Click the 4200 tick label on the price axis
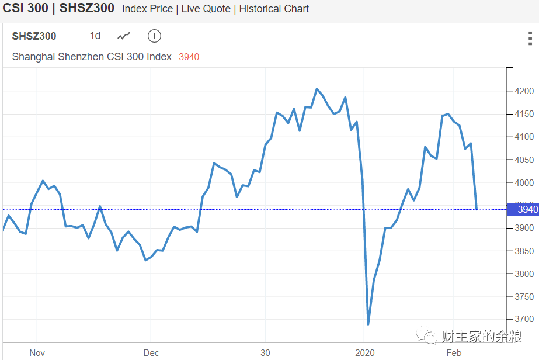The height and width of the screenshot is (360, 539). click(x=524, y=91)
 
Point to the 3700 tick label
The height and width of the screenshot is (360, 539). click(x=524, y=319)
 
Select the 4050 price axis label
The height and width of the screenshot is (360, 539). click(x=524, y=160)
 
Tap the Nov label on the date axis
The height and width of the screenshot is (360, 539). click(x=37, y=352)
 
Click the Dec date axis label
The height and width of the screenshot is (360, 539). click(x=151, y=352)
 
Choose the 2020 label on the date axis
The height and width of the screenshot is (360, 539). click(x=364, y=352)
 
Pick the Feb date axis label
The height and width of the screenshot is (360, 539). click(x=454, y=352)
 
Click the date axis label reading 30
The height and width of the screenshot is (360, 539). click(x=265, y=352)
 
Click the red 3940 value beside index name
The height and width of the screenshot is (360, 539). click(x=189, y=57)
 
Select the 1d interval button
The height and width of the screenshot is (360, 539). click(x=95, y=36)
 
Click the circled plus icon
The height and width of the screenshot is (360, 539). click(x=154, y=36)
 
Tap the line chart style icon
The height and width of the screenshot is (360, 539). click(x=124, y=36)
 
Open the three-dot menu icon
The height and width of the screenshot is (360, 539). click(x=530, y=39)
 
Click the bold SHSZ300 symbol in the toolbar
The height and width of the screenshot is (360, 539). click(x=34, y=36)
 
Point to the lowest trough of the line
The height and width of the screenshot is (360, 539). click(x=368, y=324)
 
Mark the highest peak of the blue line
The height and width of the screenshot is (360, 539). click(x=317, y=89)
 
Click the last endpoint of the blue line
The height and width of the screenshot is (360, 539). click(x=477, y=209)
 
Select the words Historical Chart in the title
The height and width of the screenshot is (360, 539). click(x=274, y=9)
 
